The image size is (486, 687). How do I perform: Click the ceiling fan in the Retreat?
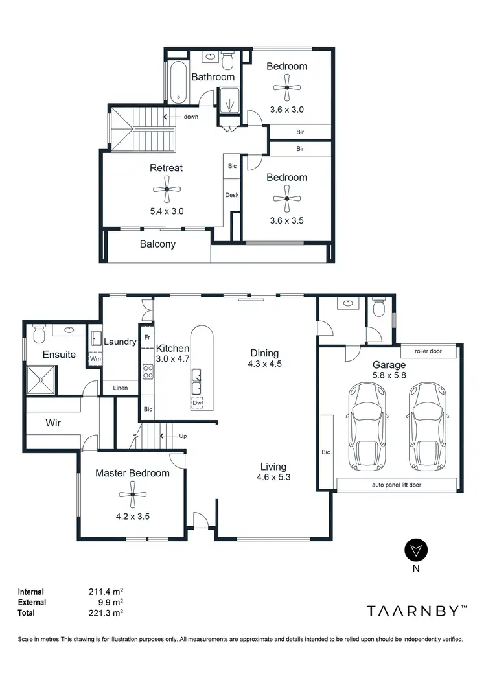[x=167, y=189]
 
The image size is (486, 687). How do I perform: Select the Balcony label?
[x=157, y=244]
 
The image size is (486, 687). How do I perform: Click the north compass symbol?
[x=415, y=550]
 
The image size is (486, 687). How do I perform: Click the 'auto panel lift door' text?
[x=396, y=484]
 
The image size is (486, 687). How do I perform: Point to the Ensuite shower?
[x=41, y=380]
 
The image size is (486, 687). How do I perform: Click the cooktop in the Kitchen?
[x=147, y=372]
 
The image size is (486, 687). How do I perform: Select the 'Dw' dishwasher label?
[x=197, y=402]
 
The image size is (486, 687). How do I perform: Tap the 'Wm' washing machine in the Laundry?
[x=95, y=358]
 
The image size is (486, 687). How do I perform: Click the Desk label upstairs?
[x=232, y=195]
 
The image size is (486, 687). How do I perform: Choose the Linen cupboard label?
[x=120, y=388]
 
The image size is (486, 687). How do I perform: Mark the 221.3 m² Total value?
[x=106, y=612]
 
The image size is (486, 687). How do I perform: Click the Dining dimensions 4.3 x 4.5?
[x=264, y=364]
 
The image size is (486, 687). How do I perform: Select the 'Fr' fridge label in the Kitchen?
[x=147, y=338]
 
